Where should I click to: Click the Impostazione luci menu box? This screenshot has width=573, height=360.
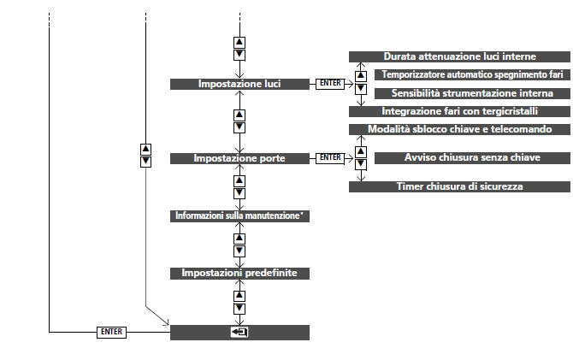pyautogui.click(x=239, y=84)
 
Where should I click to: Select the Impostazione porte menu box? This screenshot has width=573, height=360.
pyautogui.click(x=239, y=158)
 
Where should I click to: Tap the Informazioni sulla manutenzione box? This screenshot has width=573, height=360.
pyautogui.click(x=239, y=216)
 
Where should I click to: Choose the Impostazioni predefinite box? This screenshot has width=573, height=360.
pyautogui.click(x=239, y=273)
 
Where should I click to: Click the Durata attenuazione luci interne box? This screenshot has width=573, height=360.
pyautogui.click(x=459, y=56)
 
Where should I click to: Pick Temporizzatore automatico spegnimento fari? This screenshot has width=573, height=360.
pyautogui.click(x=471, y=74)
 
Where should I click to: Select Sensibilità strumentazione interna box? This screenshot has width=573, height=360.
pyautogui.click(x=471, y=92)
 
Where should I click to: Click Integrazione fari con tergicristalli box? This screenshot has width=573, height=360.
pyautogui.click(x=459, y=111)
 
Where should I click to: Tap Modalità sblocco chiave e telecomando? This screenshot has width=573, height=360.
pyautogui.click(x=459, y=129)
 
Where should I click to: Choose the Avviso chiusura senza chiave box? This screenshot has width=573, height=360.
pyautogui.click(x=471, y=157)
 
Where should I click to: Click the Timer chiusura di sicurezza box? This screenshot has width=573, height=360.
pyautogui.click(x=459, y=186)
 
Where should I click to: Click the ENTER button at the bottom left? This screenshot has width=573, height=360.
pyautogui.click(x=111, y=332)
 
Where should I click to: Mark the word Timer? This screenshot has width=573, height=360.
pyautogui.click(x=411, y=186)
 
